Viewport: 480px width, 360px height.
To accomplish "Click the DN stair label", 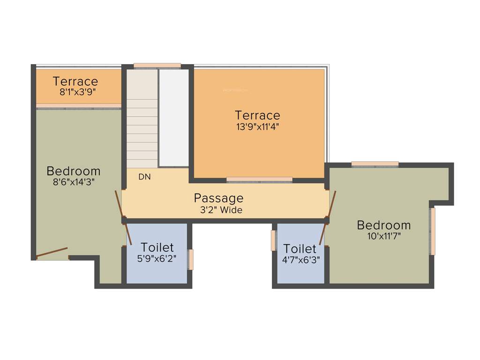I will (x=144, y=177).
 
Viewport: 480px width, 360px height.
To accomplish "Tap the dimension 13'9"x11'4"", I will (x=258, y=126).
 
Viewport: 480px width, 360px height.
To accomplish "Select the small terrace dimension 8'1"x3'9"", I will (x=78, y=92).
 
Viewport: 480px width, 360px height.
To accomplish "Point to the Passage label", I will (x=218, y=198).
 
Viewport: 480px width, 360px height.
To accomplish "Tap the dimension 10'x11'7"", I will (x=384, y=236).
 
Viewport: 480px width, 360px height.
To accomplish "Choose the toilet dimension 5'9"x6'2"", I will (x=157, y=258).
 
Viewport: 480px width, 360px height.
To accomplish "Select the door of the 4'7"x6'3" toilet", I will (x=322, y=233).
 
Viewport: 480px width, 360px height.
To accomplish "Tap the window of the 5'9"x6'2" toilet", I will (x=191, y=260).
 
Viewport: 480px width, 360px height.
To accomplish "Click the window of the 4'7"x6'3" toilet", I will (x=273, y=240).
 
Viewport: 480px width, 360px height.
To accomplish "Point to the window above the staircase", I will (x=157, y=66).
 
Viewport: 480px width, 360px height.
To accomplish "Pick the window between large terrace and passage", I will (x=259, y=180).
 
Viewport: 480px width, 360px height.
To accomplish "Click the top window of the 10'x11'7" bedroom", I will (x=375, y=164).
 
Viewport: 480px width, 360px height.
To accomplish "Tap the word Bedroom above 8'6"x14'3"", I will (x=74, y=171).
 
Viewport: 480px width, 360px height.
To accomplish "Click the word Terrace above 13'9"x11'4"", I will (x=257, y=115).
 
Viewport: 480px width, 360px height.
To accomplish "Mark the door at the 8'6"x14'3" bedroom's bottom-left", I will (x=52, y=252).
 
